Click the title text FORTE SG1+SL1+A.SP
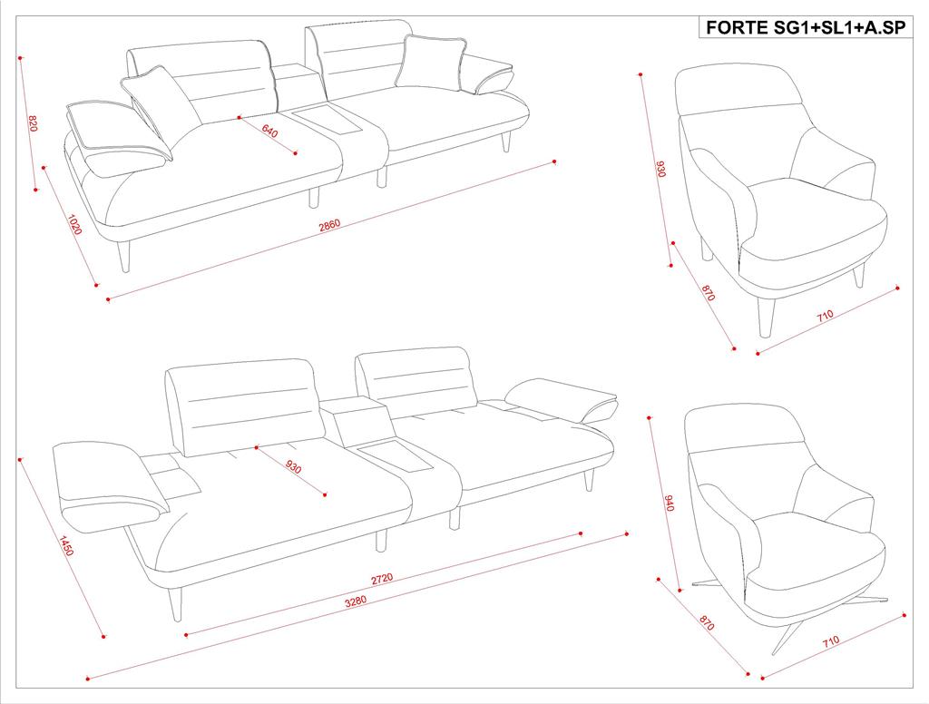coord(806,27)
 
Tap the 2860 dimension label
coord(329,226)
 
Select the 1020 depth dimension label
coord(73,225)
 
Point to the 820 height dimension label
coord(33,123)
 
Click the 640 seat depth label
coord(269,131)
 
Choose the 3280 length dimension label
coord(356,601)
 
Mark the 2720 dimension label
coord(382,579)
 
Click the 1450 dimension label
coord(65,545)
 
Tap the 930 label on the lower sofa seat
coord(293,465)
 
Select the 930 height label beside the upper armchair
coord(660,169)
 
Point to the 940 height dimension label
coord(670,503)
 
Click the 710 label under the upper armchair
coord(825,316)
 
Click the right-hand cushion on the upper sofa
coord(431,63)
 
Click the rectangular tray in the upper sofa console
coord(328,121)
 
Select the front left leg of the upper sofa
coord(123,257)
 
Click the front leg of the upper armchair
coord(766,317)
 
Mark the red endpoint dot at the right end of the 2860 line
coord(554,161)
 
